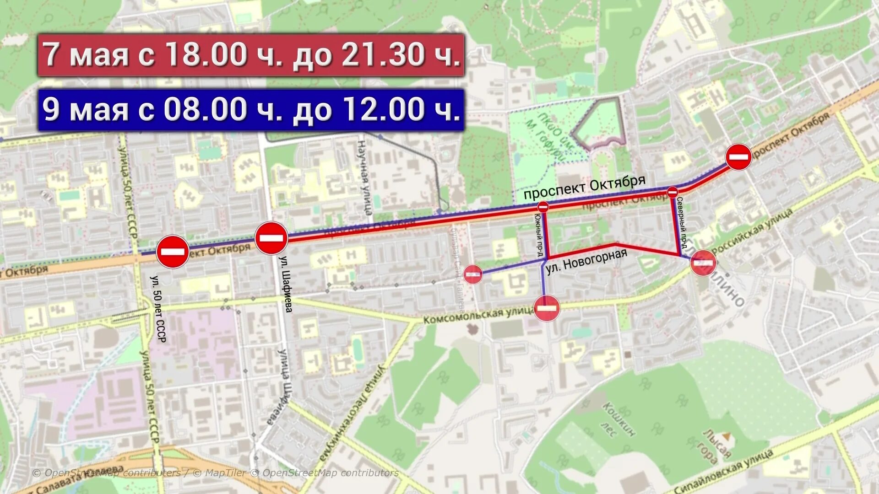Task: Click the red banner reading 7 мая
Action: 251,55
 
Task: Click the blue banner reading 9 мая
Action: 251,110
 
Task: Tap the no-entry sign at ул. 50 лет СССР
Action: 173,252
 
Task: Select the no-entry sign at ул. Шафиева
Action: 271,238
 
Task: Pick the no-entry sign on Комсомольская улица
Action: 547,308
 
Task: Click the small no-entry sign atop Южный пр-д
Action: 543,207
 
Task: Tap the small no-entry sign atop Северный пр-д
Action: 673,193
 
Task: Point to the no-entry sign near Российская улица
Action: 703,263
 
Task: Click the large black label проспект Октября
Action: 584,187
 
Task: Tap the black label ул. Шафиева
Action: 286,284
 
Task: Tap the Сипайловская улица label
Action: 723,471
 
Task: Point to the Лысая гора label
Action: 717,446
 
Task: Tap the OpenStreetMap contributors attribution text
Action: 216,473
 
